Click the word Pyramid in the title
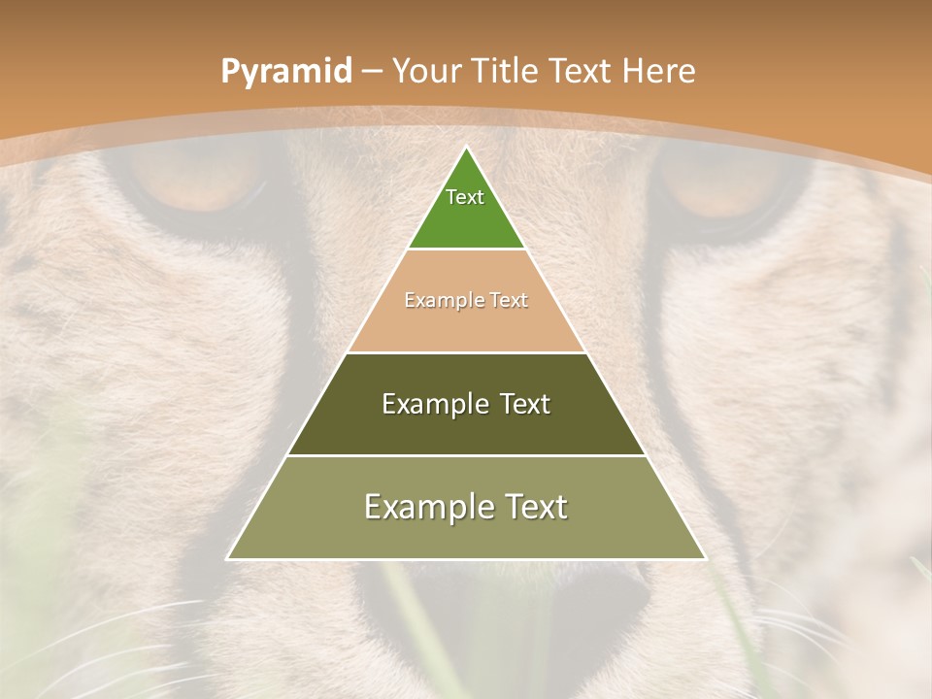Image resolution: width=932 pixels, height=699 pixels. tap(285, 72)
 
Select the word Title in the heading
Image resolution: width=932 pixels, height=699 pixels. tap(510, 72)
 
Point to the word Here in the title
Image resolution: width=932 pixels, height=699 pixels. tap(659, 72)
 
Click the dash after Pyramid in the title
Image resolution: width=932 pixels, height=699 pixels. tap(372, 73)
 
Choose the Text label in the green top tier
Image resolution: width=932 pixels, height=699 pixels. tap(465, 197)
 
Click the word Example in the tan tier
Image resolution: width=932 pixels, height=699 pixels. tap(442, 301)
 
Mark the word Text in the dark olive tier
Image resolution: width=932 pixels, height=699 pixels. tap(525, 404)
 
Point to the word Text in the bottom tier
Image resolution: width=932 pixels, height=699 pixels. tap(535, 507)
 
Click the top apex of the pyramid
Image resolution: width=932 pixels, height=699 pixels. tap(466, 148)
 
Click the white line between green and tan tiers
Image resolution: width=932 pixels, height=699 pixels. tap(466, 250)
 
